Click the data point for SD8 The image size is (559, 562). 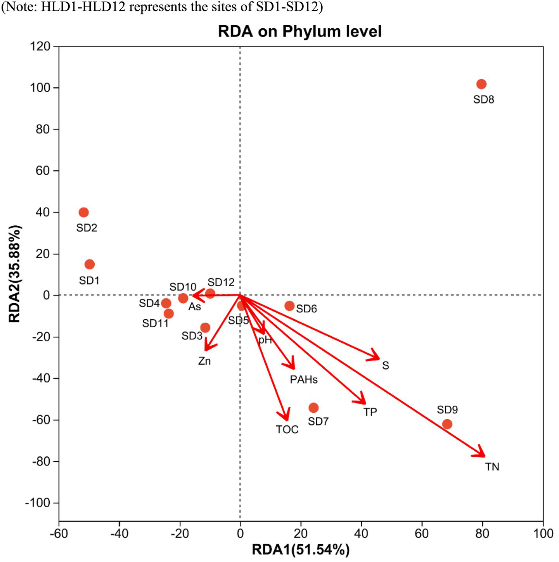(x=481, y=84)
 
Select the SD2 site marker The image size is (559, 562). (x=83, y=212)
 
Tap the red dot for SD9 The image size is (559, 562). (x=447, y=424)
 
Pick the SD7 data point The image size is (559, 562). (x=313, y=408)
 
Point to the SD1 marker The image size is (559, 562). (x=90, y=265)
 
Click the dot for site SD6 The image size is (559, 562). (x=289, y=306)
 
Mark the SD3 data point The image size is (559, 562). (x=205, y=328)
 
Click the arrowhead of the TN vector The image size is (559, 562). (x=484, y=456)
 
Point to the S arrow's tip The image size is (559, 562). (x=378, y=359)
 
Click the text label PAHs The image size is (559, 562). (x=304, y=379)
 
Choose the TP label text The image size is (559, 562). (x=370, y=412)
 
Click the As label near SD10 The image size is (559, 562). (x=195, y=307)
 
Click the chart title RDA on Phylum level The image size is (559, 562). (x=299, y=31)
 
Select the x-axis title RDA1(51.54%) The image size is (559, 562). (x=301, y=550)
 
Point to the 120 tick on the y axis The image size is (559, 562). (x=40, y=46)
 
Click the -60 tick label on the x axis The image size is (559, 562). (x=59, y=534)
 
